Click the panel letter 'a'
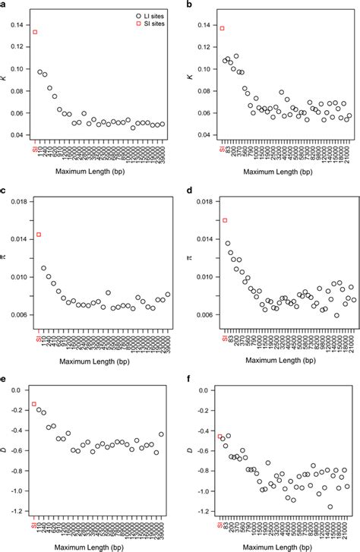click(x=4, y=5)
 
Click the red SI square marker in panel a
click(x=35, y=32)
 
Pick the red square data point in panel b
click(x=223, y=28)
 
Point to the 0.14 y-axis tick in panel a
click(x=21, y=25)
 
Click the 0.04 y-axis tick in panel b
click(x=207, y=135)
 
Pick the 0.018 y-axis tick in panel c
click(x=19, y=201)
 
